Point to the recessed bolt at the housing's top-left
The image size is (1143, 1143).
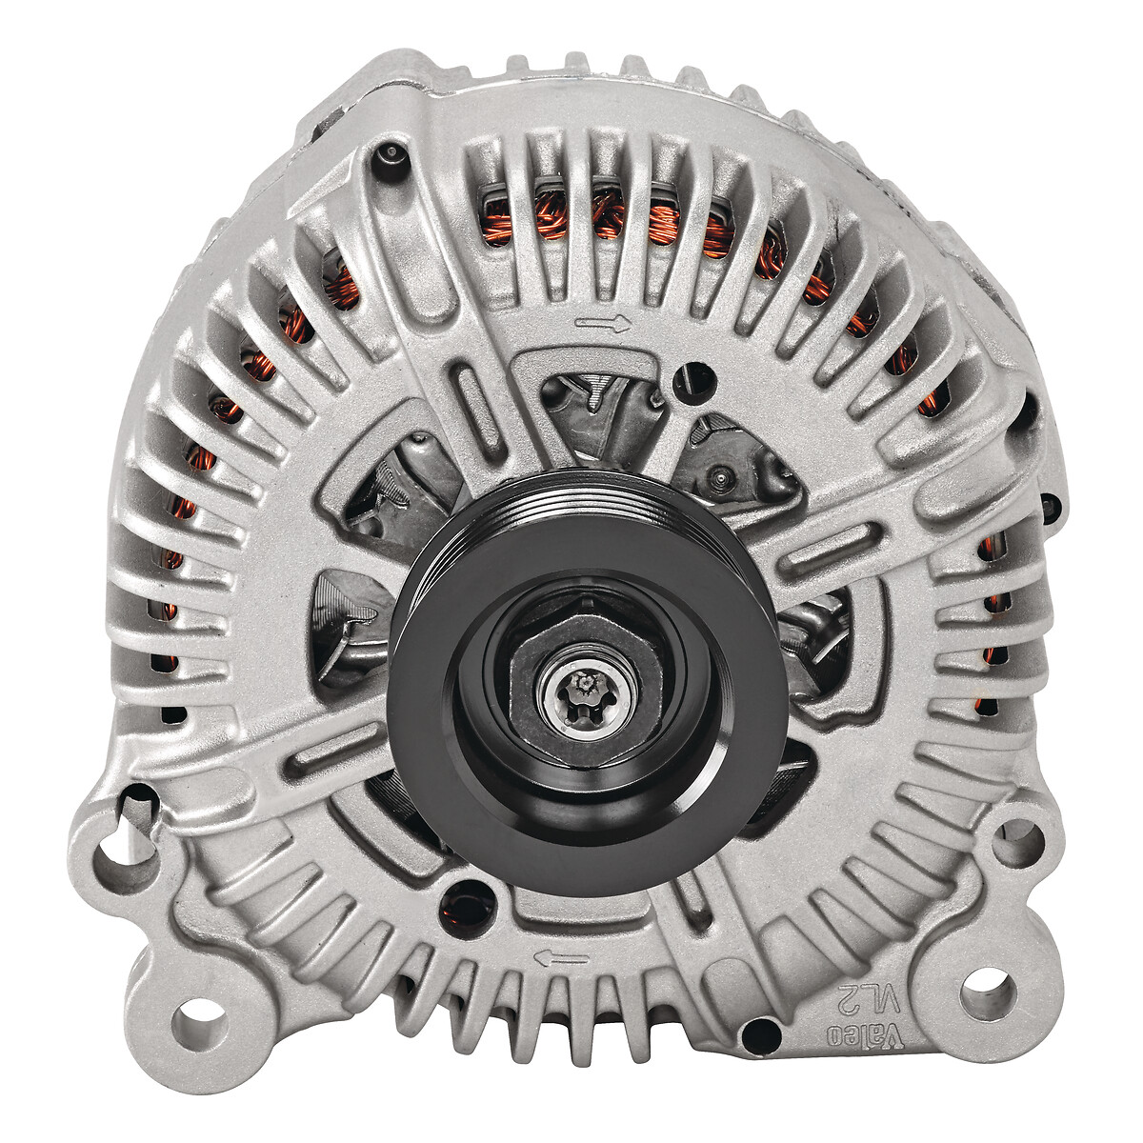[389, 155]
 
